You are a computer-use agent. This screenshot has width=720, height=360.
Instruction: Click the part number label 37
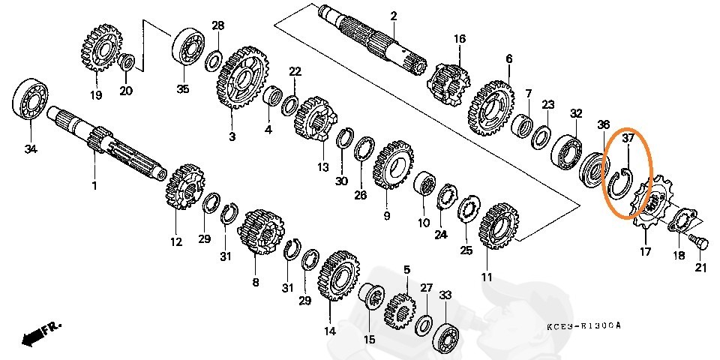(628, 138)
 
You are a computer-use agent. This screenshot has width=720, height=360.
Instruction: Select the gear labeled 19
(100, 47)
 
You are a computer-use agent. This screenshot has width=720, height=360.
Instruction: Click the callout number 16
(460, 39)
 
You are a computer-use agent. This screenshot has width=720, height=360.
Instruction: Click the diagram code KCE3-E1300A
(583, 326)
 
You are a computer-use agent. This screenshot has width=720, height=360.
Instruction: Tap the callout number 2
(394, 16)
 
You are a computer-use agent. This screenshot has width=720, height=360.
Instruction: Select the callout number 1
(94, 184)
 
